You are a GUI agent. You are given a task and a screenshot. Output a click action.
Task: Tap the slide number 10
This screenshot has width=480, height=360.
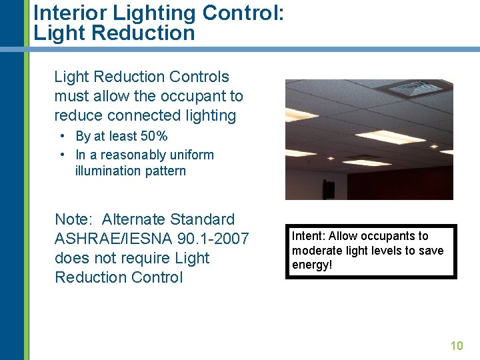pyautogui.click(x=457, y=345)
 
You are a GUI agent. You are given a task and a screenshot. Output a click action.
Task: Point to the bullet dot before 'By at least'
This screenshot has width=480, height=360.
pyautogui.click(x=61, y=136)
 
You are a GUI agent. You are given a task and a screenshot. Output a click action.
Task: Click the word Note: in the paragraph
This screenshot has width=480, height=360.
pyautogui.click(x=75, y=219)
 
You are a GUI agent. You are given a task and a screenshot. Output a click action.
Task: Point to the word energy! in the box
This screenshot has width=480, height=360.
pyautogui.click(x=312, y=265)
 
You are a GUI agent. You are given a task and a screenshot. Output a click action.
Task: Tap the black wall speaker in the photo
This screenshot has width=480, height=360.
pyautogui.click(x=329, y=189)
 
